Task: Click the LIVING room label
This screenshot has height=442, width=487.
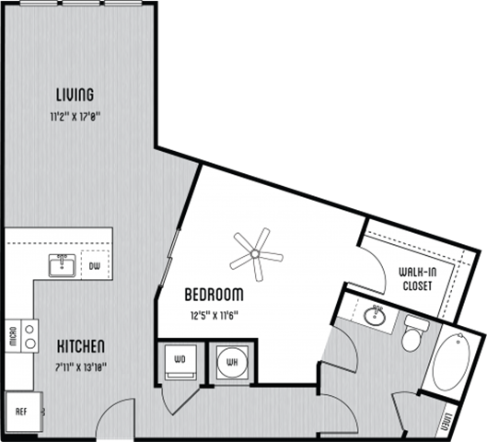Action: (74, 95)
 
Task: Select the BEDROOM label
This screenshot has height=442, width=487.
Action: (214, 296)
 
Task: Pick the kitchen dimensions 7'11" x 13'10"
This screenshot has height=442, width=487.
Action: (81, 366)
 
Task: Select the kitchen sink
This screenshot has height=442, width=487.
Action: (63, 266)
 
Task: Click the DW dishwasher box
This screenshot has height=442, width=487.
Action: (95, 267)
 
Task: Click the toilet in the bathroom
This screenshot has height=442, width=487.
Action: (412, 334)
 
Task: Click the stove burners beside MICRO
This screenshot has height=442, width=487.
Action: (30, 335)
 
